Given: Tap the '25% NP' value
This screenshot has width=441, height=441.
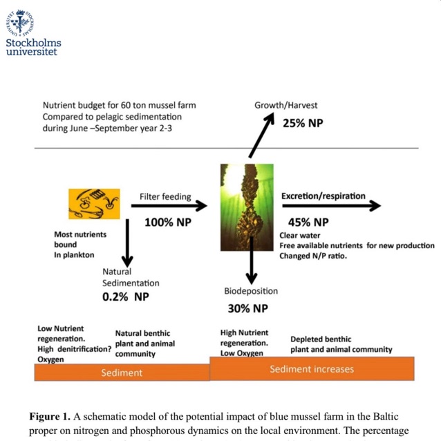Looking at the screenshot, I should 302,124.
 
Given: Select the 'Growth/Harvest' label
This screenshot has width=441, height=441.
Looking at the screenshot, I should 286,105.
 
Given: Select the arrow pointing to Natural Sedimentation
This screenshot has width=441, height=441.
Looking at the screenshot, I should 126,245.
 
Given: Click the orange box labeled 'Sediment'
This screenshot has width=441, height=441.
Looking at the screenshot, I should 122,373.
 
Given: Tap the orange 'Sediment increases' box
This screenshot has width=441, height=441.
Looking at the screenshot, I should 311,368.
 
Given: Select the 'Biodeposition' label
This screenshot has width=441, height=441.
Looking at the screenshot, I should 250,291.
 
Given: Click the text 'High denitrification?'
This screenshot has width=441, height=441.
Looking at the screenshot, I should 74,349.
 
